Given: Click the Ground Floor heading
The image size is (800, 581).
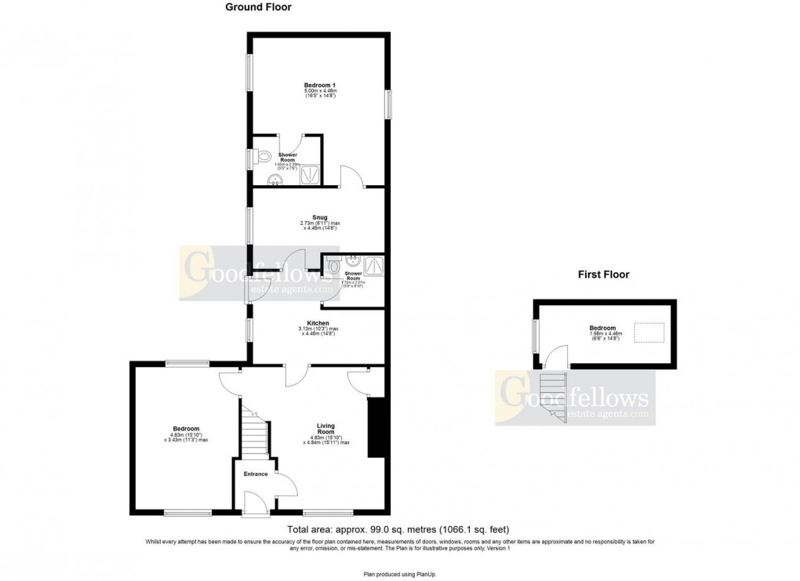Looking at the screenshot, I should coord(258,8).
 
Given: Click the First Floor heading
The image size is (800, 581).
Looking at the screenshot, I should coord(603,274).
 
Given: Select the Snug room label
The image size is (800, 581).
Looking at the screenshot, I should coord(318,217).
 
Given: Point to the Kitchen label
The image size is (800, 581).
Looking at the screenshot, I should coord(318,323).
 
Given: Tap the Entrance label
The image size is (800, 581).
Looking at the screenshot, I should coord(256,474).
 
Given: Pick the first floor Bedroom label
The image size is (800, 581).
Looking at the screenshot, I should coord(603,329).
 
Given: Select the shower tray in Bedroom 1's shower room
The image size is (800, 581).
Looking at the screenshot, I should coord(311,173).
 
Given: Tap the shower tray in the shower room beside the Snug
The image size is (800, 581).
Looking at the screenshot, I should coord(372,267).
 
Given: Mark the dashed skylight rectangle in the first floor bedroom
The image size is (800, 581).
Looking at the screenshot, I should coord(647,334).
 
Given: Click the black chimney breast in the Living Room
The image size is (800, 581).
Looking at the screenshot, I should coord(376,427).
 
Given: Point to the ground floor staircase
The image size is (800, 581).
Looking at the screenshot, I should coord(255,435).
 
